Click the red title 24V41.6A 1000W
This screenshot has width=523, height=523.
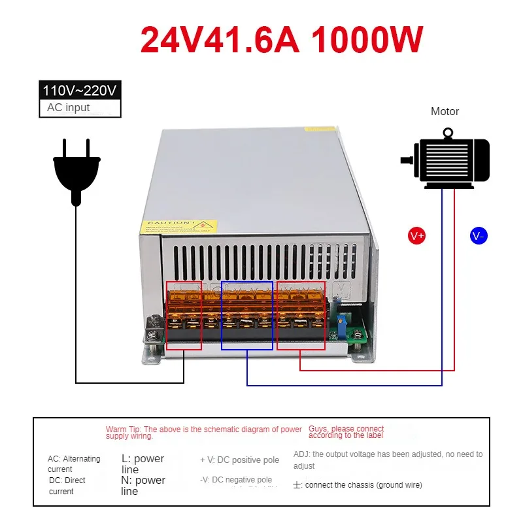282,39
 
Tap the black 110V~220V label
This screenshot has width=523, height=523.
81,90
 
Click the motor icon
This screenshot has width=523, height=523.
447,160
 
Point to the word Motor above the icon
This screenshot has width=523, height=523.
445,112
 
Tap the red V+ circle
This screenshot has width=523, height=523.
416,236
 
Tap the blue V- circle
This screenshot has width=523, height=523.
479,236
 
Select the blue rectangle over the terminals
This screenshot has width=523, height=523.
247,315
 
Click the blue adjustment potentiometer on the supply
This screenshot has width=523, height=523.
340,319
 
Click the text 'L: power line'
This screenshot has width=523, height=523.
143,464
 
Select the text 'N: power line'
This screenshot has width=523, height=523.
143,485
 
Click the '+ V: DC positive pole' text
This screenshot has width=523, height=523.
239,460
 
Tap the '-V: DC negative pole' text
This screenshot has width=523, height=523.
236,480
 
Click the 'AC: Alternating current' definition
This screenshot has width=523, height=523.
74,464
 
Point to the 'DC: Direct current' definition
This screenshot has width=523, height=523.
67,485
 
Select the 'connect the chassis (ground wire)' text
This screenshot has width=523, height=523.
363,485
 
